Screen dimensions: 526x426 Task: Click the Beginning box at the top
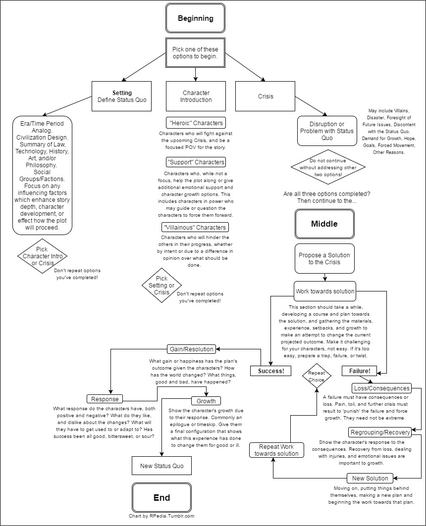196,19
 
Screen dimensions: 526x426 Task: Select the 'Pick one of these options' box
196,53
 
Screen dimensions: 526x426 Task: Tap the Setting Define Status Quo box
122,96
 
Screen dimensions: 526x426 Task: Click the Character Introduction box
196,96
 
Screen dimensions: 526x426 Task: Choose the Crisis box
266,96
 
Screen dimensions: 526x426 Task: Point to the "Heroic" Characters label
195,122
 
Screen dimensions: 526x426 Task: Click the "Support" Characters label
196,162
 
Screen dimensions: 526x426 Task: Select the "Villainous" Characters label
195,228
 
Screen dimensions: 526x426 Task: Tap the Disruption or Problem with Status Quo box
327,131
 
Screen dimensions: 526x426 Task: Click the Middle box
324,224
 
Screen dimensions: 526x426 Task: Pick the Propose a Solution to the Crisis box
324,259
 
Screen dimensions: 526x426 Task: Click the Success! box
270,371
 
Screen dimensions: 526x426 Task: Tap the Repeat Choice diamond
317,376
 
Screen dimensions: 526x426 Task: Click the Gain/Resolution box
191,349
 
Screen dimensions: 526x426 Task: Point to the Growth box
206,400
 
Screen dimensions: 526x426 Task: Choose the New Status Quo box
161,466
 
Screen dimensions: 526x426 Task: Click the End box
161,498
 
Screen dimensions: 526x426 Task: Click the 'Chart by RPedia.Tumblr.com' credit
161,516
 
